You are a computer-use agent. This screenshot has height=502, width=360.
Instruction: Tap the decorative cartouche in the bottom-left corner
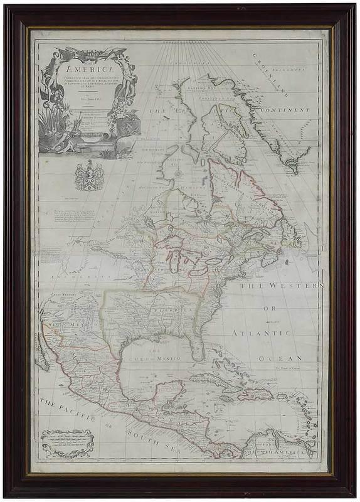pyautogui.click(x=66, y=442)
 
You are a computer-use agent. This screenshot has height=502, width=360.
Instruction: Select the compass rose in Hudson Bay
pyautogui.click(x=177, y=171)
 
